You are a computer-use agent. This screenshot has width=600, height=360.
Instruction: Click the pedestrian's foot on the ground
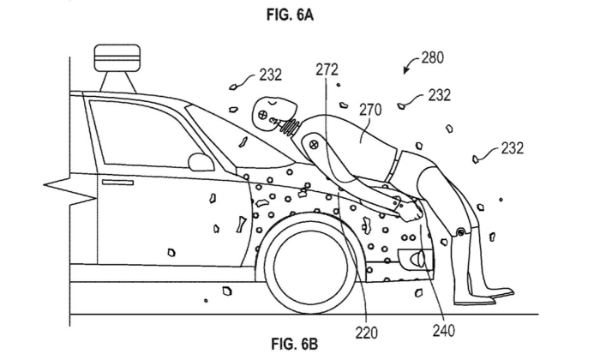(x=492, y=297)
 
